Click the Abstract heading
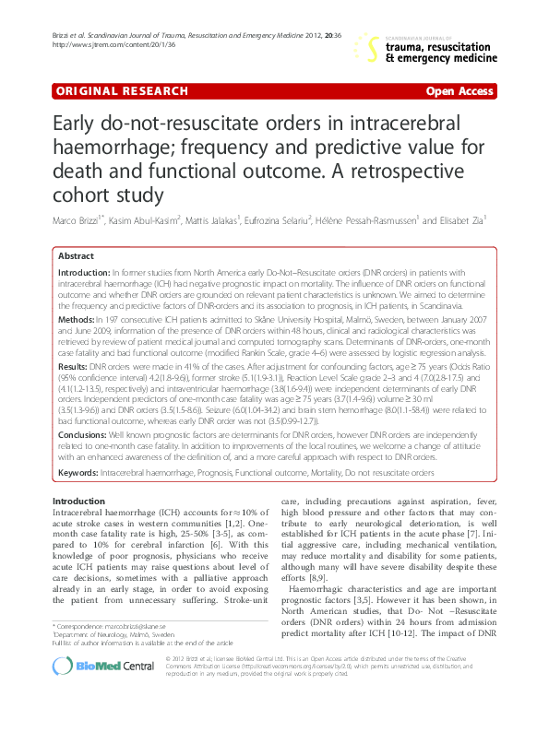tap(76, 256)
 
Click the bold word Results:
tap(78, 366)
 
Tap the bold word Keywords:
tap(82, 472)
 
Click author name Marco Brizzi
tap(77, 220)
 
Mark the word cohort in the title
tap(82, 196)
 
